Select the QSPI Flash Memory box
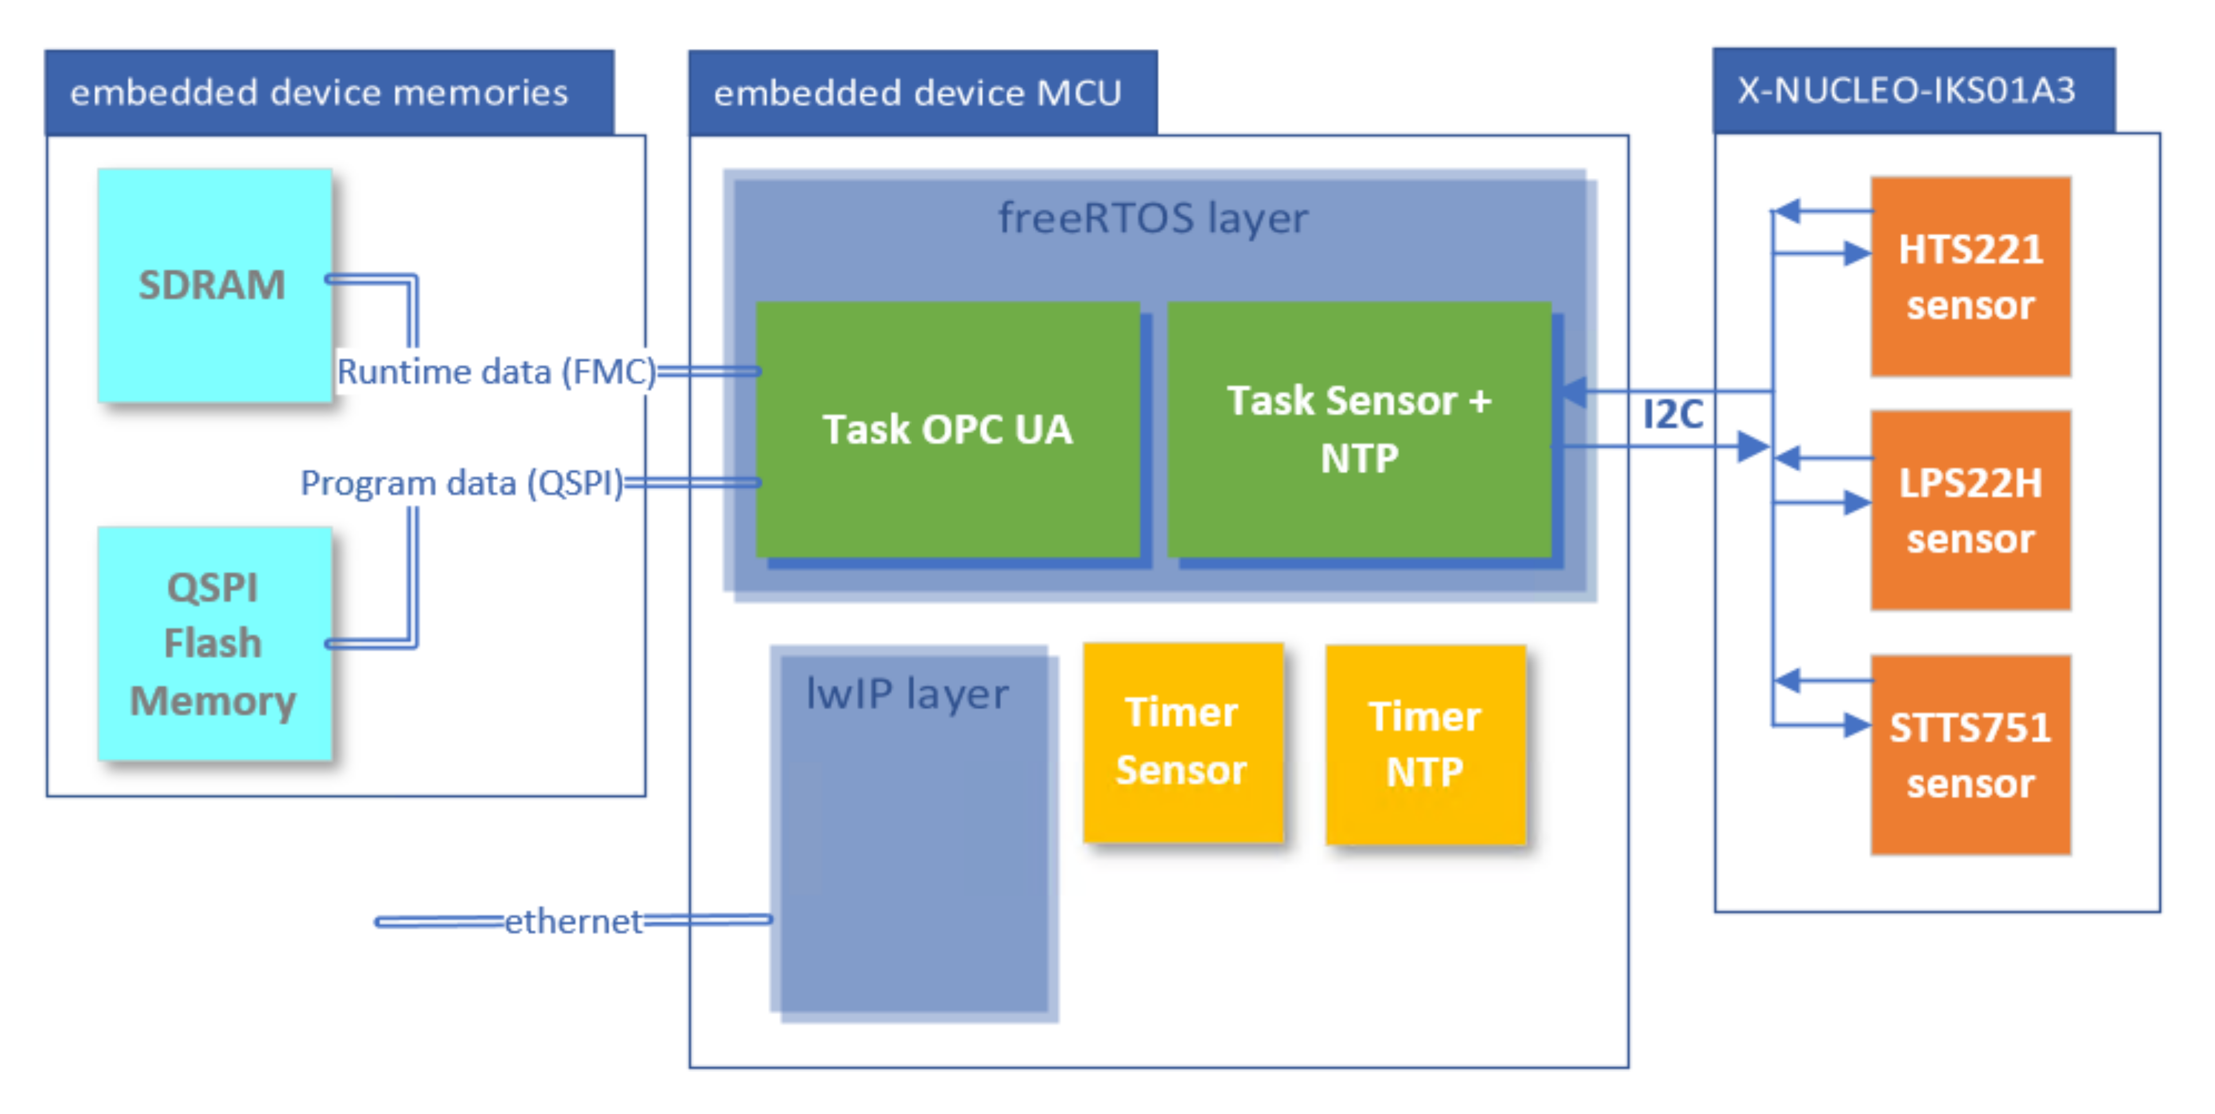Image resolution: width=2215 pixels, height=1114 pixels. coord(214,643)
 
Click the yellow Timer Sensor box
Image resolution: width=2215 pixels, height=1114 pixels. coord(1182,742)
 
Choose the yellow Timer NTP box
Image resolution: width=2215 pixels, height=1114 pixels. coord(1425,744)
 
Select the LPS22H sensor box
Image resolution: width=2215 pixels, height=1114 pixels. coord(1970,510)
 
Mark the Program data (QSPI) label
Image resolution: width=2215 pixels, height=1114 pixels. coord(462,483)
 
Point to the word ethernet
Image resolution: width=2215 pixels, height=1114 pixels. coord(573,921)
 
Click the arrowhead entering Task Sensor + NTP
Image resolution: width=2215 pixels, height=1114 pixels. coord(1572,392)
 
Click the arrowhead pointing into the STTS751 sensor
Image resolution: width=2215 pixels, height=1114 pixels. coord(1857,725)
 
